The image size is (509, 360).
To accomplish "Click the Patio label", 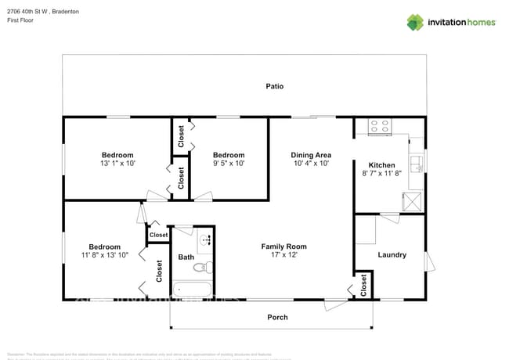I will tap(274, 86).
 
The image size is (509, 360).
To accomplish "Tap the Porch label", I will tap(277, 317).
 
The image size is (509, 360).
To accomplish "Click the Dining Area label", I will tap(311, 155).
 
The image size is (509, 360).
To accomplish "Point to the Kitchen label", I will tap(382, 164).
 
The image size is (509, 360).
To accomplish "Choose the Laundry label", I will tap(392, 254).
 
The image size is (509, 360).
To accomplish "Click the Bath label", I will tap(186, 257).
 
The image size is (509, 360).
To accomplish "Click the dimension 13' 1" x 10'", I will tap(117, 164).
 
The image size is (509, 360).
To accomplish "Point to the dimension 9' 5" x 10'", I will tap(229, 164).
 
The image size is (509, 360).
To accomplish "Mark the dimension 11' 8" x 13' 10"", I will tap(104, 256).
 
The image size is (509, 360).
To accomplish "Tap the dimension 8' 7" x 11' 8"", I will tap(382, 174).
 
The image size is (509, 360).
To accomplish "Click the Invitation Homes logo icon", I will tap(414, 22).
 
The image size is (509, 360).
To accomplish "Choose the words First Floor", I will tap(21, 20).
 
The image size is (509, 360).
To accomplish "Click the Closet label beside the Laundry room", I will tap(363, 286).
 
